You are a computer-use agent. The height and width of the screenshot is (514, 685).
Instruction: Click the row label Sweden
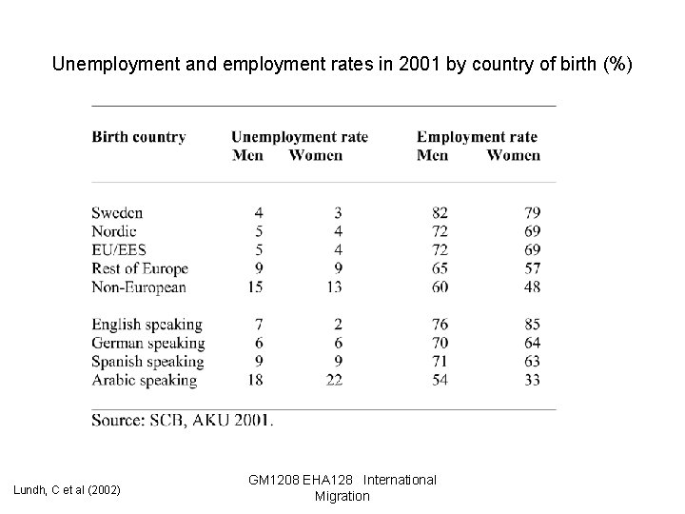point(117,213)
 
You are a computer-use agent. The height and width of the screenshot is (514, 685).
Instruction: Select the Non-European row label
point(139,287)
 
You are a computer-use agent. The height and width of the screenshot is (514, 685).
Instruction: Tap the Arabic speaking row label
point(145,380)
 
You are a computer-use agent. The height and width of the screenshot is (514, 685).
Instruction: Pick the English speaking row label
point(147,325)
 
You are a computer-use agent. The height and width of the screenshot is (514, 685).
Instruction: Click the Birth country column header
point(139,137)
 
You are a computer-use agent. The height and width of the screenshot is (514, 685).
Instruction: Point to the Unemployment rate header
point(300,137)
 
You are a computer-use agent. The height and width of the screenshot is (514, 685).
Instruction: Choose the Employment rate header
point(477,137)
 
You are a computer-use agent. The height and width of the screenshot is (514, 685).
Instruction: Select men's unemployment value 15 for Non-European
point(255,287)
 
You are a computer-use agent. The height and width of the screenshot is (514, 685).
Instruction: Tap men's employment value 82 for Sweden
point(439,213)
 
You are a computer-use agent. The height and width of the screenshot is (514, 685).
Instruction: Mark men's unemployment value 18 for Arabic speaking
point(255,380)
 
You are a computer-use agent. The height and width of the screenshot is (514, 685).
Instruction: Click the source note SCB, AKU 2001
point(183,419)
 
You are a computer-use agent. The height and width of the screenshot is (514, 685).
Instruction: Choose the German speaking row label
point(147,343)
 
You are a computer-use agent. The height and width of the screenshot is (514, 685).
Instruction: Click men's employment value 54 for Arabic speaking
point(439,380)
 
